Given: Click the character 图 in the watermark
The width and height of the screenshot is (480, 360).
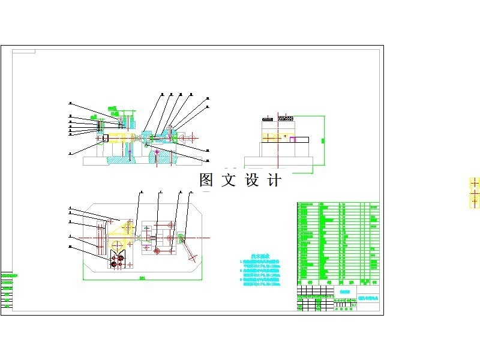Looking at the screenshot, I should [x=206, y=180].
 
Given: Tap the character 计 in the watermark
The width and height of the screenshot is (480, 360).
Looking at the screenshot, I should [x=273, y=180].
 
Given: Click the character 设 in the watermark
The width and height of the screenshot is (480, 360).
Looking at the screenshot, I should [x=251, y=180].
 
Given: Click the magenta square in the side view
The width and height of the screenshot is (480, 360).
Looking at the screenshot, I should [x=293, y=139].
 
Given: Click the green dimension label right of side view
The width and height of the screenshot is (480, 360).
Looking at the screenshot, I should [x=322, y=140].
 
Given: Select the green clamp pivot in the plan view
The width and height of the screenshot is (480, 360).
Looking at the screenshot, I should [x=179, y=235].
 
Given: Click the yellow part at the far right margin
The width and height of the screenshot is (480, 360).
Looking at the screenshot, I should [x=475, y=192].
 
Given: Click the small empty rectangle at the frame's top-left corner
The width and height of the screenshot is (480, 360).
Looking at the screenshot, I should [x=23, y=52].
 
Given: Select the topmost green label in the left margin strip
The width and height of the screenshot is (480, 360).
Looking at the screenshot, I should [x=7, y=275].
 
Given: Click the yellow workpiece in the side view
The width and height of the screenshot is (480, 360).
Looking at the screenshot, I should [x=277, y=137].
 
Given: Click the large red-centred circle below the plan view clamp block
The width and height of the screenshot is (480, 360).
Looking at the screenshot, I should [x=157, y=251].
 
